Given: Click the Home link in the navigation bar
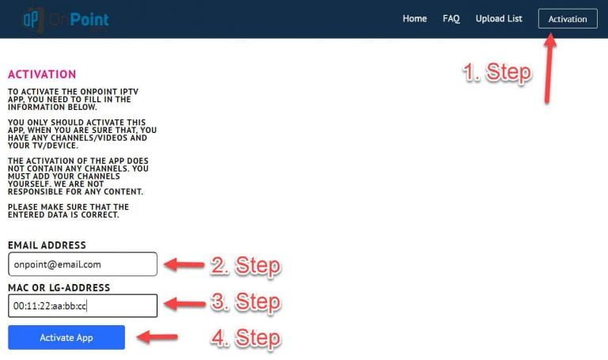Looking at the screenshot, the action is (415, 19).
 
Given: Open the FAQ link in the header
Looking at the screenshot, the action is (451, 19).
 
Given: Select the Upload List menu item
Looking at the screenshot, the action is (499, 19).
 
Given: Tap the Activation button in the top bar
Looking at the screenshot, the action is (568, 19).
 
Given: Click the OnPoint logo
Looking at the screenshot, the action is (66, 19).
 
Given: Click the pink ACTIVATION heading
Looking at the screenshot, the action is (42, 74).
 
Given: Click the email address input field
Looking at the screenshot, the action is (82, 264).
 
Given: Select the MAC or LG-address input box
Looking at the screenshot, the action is (82, 305).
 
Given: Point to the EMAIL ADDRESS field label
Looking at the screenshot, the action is (47, 245).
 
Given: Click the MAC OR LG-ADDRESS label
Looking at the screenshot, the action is (59, 287).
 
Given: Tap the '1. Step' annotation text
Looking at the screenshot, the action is (497, 72).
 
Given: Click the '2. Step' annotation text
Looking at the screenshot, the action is (246, 266).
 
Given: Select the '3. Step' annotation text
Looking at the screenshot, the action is (246, 301).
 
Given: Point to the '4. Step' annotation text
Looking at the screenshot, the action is (246, 338).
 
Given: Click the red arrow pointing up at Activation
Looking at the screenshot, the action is (549, 69).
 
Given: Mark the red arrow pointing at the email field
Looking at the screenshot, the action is (184, 265).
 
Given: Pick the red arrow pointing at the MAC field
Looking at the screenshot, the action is (184, 303).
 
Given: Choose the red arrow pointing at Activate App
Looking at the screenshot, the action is (158, 337).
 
